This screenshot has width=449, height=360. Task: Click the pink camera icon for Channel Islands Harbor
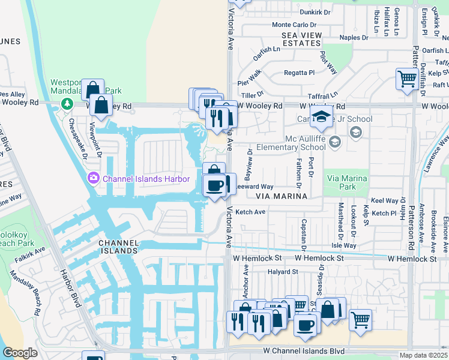point(93,178)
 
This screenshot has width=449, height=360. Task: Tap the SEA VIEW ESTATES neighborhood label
point(301,40)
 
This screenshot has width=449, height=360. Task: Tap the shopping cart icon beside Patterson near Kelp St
point(407,79)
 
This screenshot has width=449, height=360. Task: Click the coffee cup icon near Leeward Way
point(214,185)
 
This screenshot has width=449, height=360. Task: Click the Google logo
point(20,353)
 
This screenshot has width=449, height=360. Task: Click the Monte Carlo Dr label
point(294,25)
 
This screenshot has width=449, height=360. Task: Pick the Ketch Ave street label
point(250,212)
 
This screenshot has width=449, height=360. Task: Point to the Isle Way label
point(343,245)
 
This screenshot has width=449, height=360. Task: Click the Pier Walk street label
point(249,77)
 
